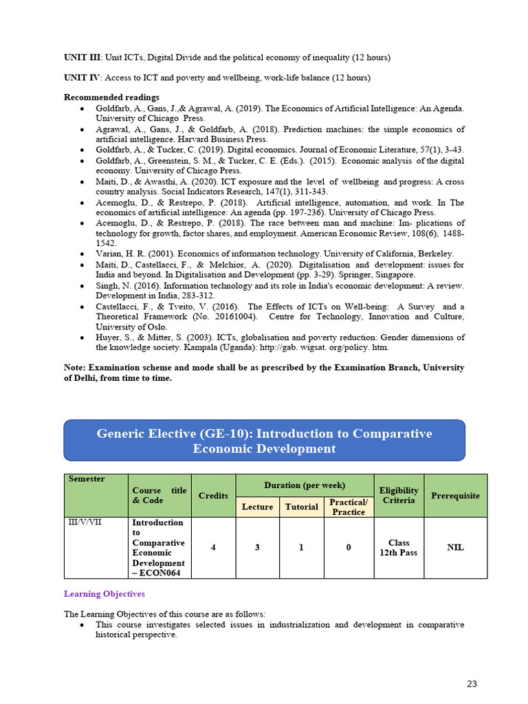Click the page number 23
click(x=472, y=683)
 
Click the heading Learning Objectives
click(x=104, y=593)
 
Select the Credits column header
click(x=213, y=495)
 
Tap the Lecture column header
click(x=257, y=507)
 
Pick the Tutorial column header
click(x=302, y=507)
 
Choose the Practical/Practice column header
click(x=349, y=507)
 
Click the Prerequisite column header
click(x=455, y=495)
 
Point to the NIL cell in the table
click(x=455, y=547)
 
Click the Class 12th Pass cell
click(x=399, y=547)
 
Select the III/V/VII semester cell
click(x=85, y=522)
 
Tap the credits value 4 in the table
click(x=213, y=547)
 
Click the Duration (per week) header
click(x=305, y=485)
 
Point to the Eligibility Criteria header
click(x=399, y=495)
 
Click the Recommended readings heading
click(x=111, y=97)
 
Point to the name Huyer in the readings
click(x=109, y=337)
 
